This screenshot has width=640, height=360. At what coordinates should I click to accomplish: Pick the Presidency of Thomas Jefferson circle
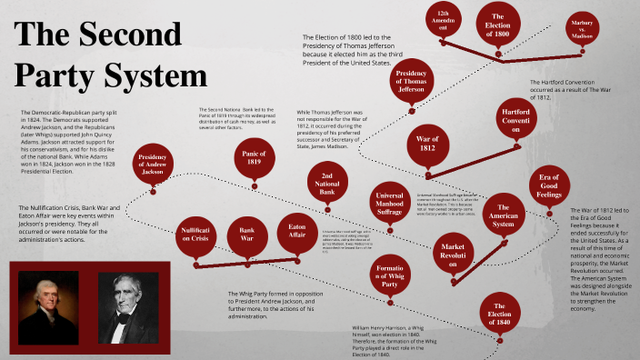click(x=411, y=83)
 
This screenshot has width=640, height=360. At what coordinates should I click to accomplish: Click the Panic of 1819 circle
click(x=255, y=160)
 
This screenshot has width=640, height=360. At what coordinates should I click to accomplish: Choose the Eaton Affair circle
click(x=297, y=232)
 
